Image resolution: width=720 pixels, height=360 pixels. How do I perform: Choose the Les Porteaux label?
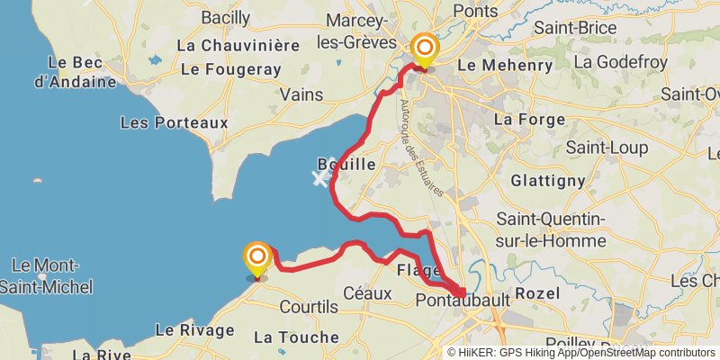pos(174,121)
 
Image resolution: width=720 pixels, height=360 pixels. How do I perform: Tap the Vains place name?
pos(301,94)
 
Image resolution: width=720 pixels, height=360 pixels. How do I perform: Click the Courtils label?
pos(309,307)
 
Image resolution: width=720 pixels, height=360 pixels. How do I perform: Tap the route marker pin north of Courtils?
pos(257,258)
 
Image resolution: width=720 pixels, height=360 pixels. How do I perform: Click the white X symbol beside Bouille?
pos(319,177)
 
